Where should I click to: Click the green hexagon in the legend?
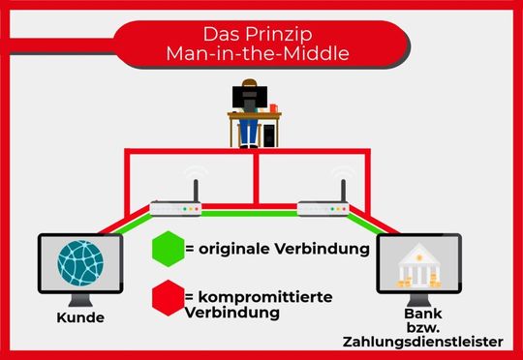coord(169,248)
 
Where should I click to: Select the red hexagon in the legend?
coord(169,297)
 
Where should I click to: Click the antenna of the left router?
coord(193,186)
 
